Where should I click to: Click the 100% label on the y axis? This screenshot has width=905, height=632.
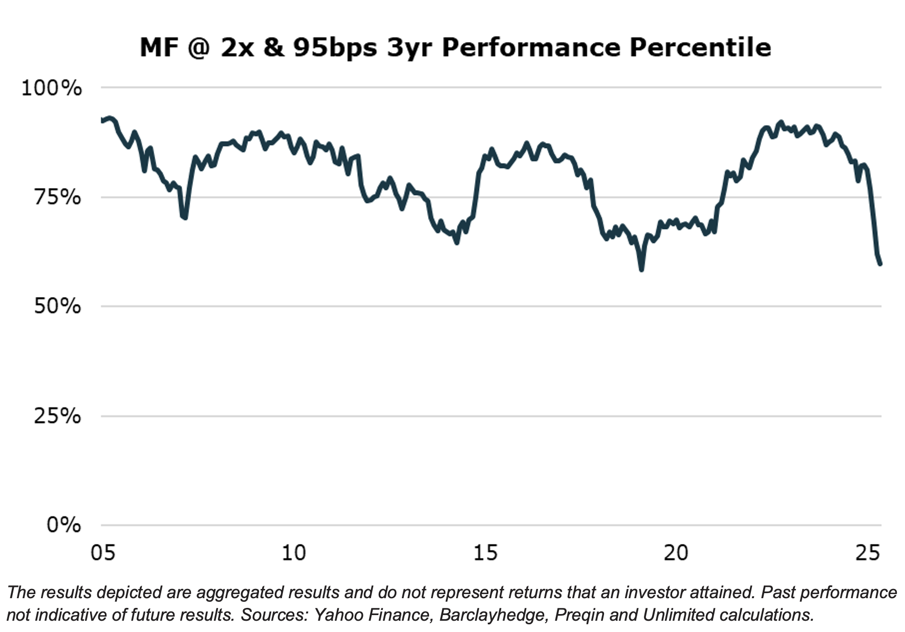tap(51, 88)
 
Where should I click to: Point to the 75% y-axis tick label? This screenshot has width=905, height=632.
tap(57, 197)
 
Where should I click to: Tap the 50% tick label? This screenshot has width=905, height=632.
tap(57, 306)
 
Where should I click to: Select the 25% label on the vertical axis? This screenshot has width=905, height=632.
tap(57, 416)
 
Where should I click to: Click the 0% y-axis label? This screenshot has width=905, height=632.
tap(63, 525)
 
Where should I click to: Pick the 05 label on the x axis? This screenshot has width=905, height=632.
tap(103, 553)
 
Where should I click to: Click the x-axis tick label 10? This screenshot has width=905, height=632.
tap(294, 553)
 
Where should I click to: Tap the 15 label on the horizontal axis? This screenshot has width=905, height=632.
tap(485, 553)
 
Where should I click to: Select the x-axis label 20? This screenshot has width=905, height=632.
tap(676, 553)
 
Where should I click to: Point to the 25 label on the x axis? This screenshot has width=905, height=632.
tap(867, 553)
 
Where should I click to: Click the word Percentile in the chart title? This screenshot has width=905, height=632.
tap(700, 48)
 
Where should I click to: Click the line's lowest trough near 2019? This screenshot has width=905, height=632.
tap(641, 268)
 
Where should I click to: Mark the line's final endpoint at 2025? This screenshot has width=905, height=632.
tap(880, 264)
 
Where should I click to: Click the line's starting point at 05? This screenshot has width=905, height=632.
tap(102, 120)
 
